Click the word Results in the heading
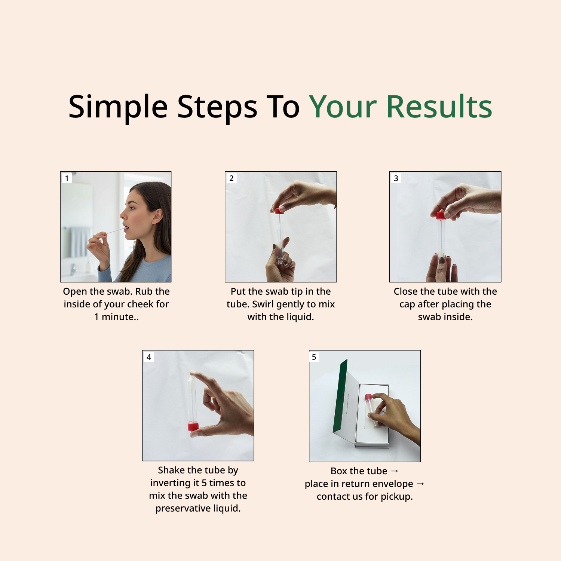[x=439, y=107]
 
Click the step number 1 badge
[x=67, y=178]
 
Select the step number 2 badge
[x=232, y=178]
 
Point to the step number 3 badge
[x=396, y=178]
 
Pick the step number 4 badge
[x=149, y=357]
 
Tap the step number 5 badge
[x=314, y=357]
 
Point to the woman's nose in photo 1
[x=123, y=215]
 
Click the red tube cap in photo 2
[x=279, y=211]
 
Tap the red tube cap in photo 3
[x=441, y=215]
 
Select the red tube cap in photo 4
[x=193, y=426]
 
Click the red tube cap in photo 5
[x=368, y=397]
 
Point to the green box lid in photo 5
[x=340, y=396]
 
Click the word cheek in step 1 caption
[x=139, y=304]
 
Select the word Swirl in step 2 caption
[x=264, y=304]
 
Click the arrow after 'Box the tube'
[x=395, y=471]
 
